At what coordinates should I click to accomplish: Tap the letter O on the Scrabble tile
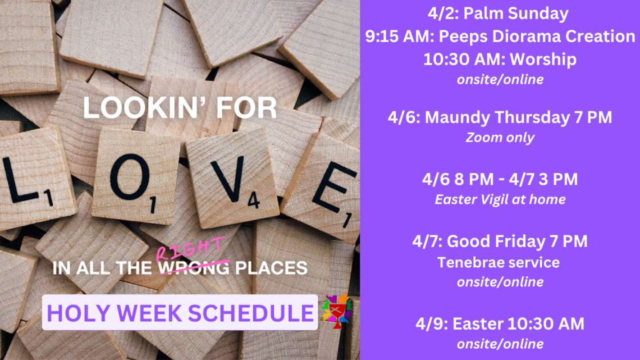[x=130, y=176]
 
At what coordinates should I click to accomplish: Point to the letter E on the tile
[x=331, y=186]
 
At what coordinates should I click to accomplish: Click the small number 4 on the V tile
[x=253, y=200]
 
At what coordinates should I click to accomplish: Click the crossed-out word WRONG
[x=194, y=268]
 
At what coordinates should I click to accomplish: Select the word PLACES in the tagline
[x=271, y=268]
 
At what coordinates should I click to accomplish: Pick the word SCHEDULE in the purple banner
[x=250, y=313]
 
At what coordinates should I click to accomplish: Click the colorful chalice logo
[x=337, y=311]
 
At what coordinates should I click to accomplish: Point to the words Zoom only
[x=500, y=138]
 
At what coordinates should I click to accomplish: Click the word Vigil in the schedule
[x=497, y=199]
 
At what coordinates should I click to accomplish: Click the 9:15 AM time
[x=399, y=37]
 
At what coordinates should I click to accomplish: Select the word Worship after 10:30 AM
[x=543, y=59]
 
